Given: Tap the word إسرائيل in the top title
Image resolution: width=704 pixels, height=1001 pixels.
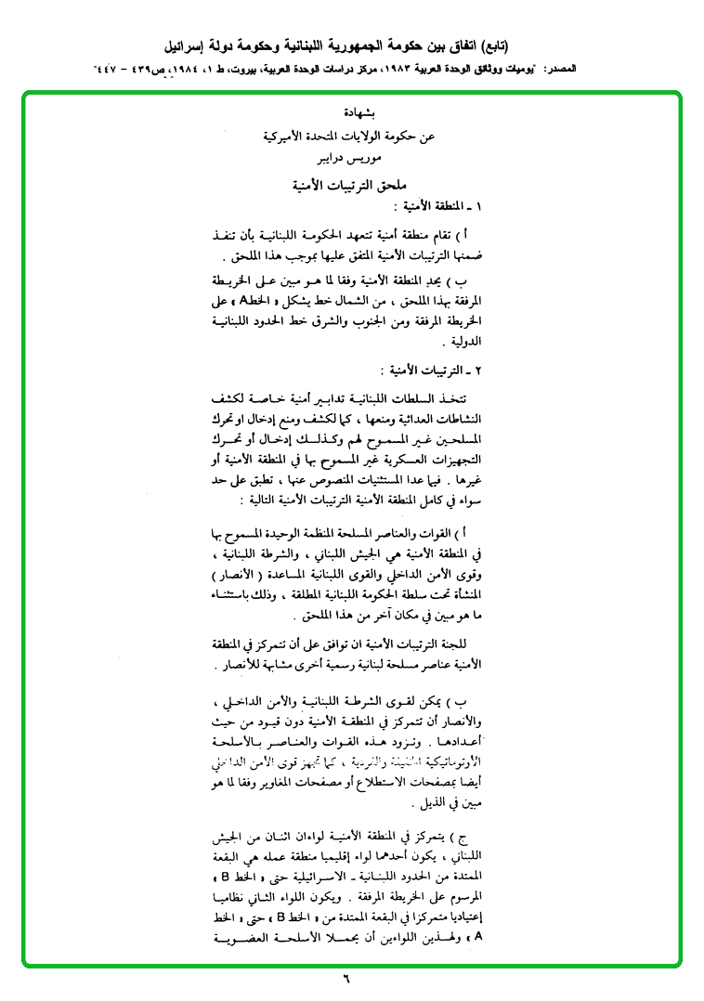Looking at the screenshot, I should point(187,45).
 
